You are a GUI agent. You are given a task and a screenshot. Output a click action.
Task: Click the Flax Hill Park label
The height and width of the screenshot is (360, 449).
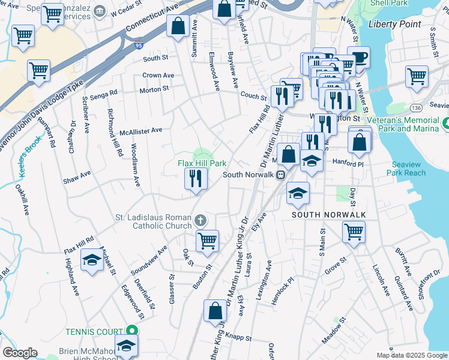202,163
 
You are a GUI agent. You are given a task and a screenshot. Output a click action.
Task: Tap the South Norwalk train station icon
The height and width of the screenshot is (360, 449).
280,175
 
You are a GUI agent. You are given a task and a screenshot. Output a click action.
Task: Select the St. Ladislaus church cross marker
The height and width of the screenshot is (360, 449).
200,220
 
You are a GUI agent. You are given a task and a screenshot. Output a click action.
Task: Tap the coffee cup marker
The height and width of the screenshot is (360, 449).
359,57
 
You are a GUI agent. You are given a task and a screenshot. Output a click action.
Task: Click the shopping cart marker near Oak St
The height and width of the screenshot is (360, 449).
207,240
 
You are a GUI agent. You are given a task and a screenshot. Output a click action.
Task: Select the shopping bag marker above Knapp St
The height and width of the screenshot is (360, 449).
215,311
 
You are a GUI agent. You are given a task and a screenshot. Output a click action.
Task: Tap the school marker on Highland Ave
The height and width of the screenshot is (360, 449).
92,260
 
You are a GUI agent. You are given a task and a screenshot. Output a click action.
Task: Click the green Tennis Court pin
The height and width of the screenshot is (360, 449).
131,331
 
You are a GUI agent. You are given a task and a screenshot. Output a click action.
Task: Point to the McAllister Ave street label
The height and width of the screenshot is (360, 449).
141,130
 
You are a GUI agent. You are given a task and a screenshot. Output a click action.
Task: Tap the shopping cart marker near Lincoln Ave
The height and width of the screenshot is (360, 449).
354,230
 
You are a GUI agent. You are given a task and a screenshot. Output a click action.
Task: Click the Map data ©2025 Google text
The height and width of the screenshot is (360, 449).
411,355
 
